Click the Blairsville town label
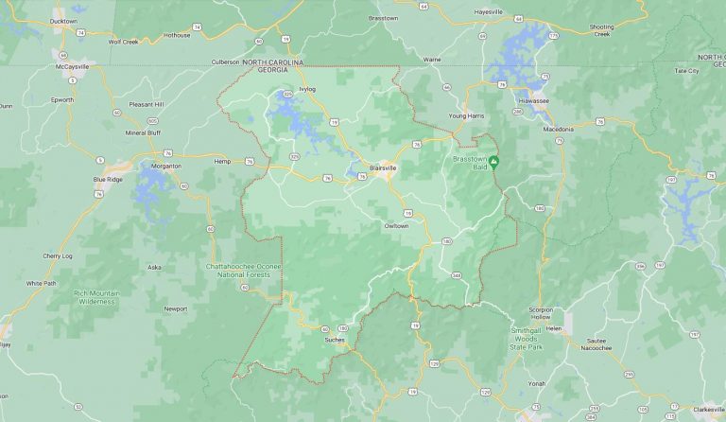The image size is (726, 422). tap(382, 167)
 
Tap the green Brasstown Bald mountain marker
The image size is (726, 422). tap(493, 162)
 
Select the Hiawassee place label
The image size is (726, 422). tap(534, 99)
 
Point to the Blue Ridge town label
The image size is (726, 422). tap(108, 179)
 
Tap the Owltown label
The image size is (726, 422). tap(396, 226)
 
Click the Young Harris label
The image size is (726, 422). tap(466, 115)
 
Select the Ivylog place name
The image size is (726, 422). tap(306, 89)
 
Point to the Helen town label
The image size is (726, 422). tap(554, 328)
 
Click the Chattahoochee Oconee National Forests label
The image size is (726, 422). tap(241, 271)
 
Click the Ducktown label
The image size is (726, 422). tap(63, 20)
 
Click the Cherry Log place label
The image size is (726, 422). tap(58, 256)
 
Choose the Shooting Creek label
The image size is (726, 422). tap(601, 30)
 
